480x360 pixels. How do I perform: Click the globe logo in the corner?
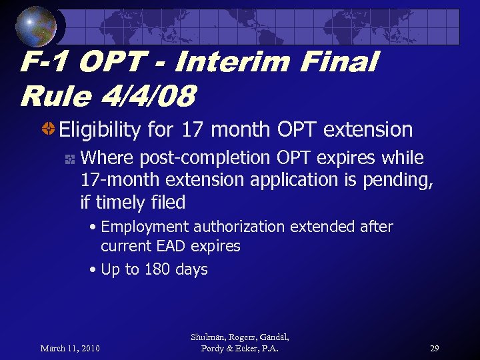[35, 26]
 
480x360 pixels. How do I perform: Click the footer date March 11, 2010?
[70, 348]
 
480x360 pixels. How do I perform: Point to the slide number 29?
[434, 348]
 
